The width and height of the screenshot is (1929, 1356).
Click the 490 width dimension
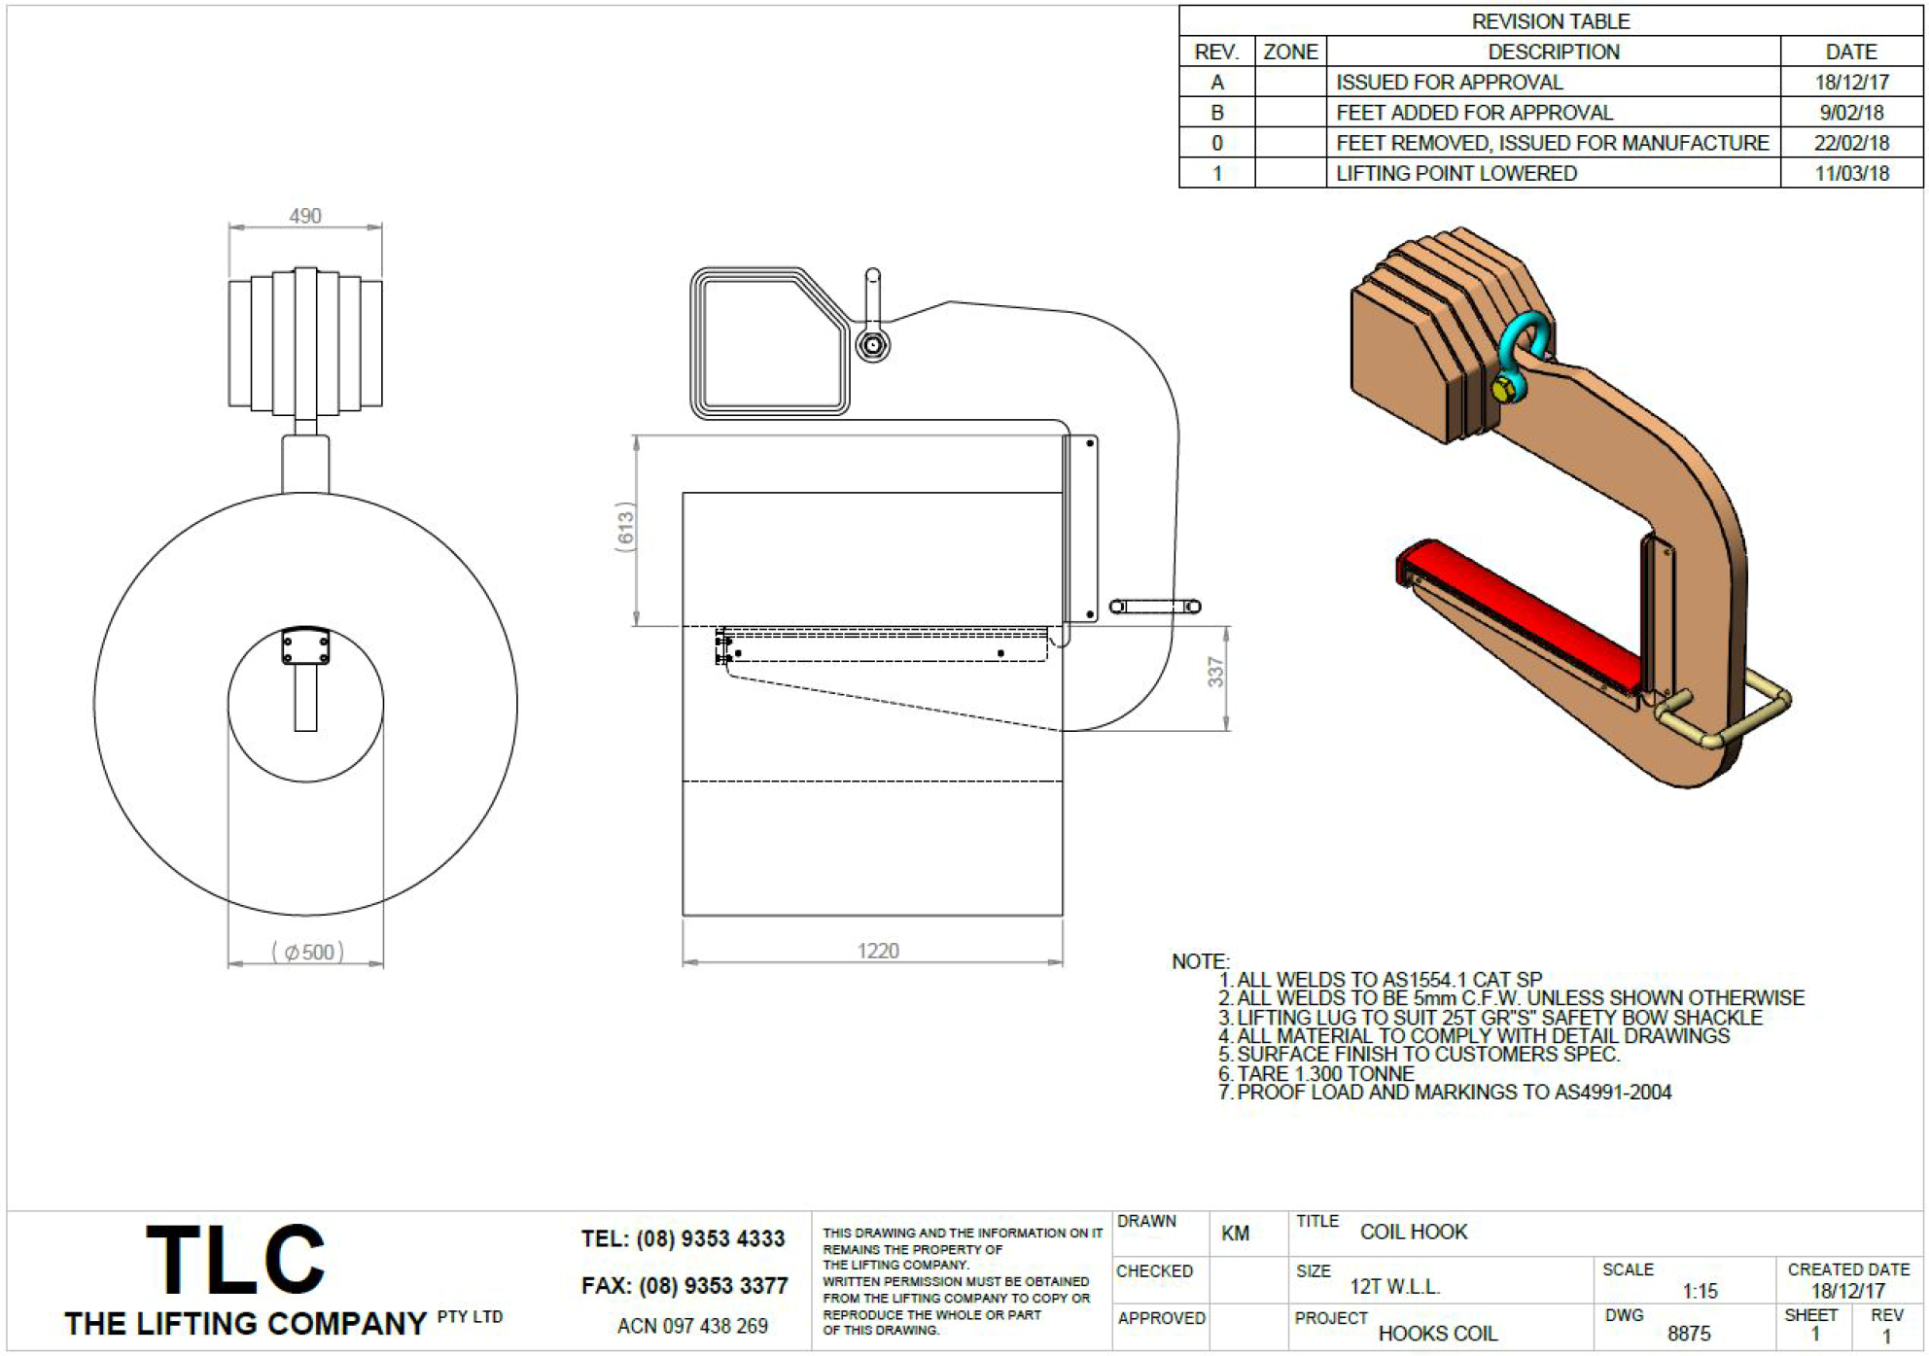(305, 216)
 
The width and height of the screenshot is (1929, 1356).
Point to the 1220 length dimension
(878, 951)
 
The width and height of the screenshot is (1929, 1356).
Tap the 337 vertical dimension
(1215, 672)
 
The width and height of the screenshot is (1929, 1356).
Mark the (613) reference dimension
(625, 528)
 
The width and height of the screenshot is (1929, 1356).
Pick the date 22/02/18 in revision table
(1851, 143)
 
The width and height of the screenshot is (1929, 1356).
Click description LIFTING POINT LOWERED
(1456, 173)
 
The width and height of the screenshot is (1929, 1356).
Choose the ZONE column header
(1290, 52)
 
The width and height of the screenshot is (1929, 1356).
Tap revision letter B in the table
(1216, 113)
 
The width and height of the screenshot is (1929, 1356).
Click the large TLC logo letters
(235, 1260)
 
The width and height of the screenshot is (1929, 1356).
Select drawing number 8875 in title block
(1689, 1334)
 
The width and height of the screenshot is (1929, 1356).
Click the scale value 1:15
(1701, 1291)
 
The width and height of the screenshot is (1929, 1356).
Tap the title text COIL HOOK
(1414, 1232)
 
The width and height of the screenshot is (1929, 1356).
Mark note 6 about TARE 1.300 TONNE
(1316, 1073)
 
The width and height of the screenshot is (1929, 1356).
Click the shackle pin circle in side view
(872, 345)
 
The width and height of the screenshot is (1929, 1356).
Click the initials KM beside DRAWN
(1235, 1234)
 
